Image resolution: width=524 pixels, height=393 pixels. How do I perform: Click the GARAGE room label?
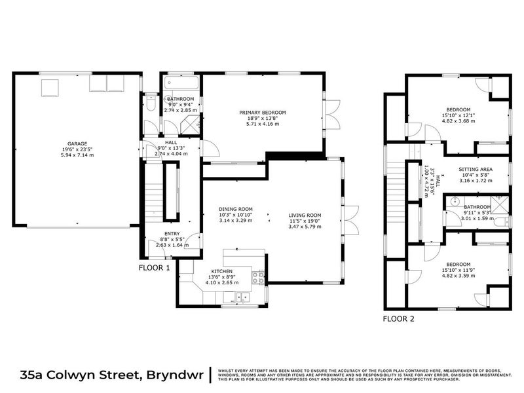point(77,143)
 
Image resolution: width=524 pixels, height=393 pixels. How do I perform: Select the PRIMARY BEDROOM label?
point(262,113)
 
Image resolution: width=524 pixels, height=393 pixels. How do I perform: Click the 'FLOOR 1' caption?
point(155,268)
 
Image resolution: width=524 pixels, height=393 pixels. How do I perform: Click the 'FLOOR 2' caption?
point(399,319)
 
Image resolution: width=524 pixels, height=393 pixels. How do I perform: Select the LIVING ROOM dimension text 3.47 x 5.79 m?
point(305,226)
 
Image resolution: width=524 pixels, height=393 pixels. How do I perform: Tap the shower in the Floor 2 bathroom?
point(498,204)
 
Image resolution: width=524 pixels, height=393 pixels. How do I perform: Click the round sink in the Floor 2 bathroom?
point(452,203)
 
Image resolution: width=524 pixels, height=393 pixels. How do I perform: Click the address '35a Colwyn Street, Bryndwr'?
point(109,375)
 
